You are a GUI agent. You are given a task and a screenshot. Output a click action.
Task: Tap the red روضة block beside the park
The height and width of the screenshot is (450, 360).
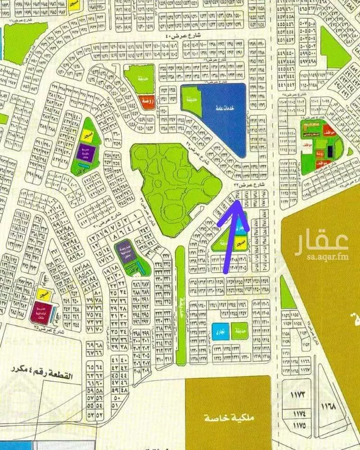pyautogui.click(x=146, y=102)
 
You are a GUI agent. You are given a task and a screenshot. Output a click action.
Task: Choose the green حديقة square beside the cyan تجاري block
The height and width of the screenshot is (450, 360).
pyautogui.click(x=239, y=331)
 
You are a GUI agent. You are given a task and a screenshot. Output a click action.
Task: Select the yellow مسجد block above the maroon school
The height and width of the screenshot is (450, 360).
pyautogui.click(x=43, y=292)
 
